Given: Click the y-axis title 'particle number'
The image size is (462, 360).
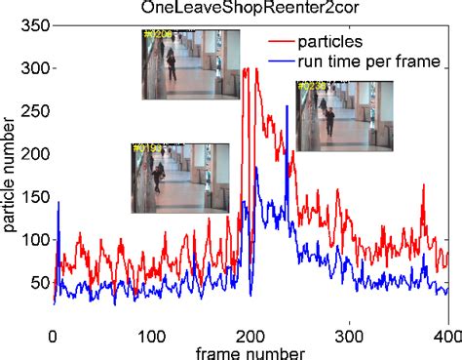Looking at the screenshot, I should click(x=9, y=176).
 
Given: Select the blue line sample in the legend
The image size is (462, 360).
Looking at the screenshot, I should click(x=289, y=62).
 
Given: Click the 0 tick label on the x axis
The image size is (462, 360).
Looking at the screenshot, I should click(x=54, y=335).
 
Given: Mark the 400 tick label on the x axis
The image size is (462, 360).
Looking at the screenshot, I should click(x=446, y=335).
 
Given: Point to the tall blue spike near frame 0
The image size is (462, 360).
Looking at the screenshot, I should click(x=58, y=205).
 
